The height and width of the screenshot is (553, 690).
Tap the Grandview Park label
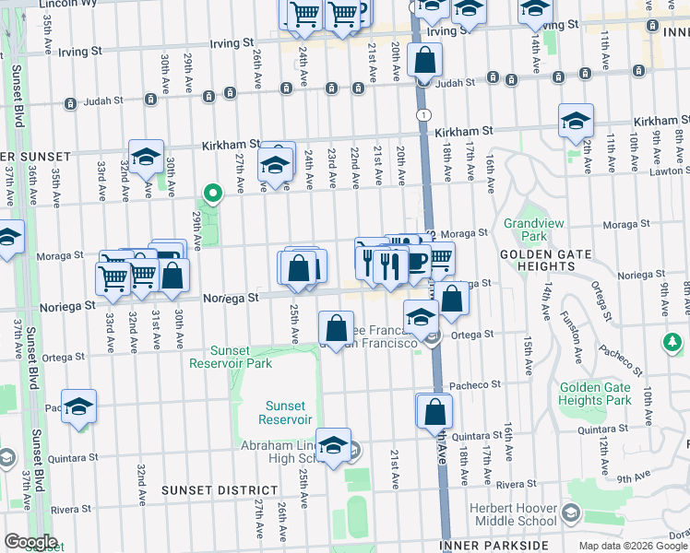click(x=526, y=229)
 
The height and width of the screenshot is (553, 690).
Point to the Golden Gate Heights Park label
click(x=595, y=394)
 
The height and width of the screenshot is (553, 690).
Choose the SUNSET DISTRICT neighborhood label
click(x=218, y=490)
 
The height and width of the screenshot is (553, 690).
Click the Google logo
click(x=30, y=542)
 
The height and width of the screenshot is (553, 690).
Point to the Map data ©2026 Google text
click(x=633, y=546)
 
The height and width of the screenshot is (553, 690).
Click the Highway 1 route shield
click(x=422, y=114)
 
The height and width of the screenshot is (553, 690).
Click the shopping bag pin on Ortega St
click(x=337, y=327)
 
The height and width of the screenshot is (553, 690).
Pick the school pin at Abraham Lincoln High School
click(x=334, y=443)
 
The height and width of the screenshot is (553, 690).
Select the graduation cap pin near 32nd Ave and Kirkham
click(x=146, y=157)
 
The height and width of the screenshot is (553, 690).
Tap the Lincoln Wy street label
click(x=71, y=4)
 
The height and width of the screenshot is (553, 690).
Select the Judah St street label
click(x=456, y=82)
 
